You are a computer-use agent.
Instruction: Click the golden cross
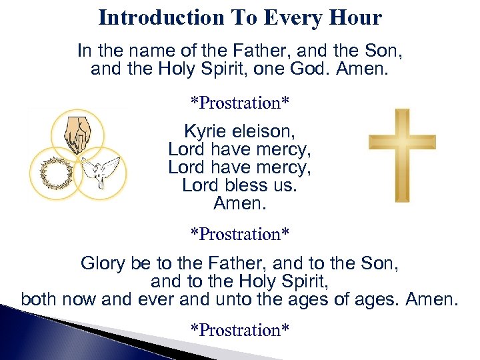click(x=402, y=155)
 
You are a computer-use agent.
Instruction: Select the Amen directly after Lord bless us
click(x=239, y=203)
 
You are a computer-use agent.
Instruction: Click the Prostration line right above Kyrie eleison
click(x=239, y=103)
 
